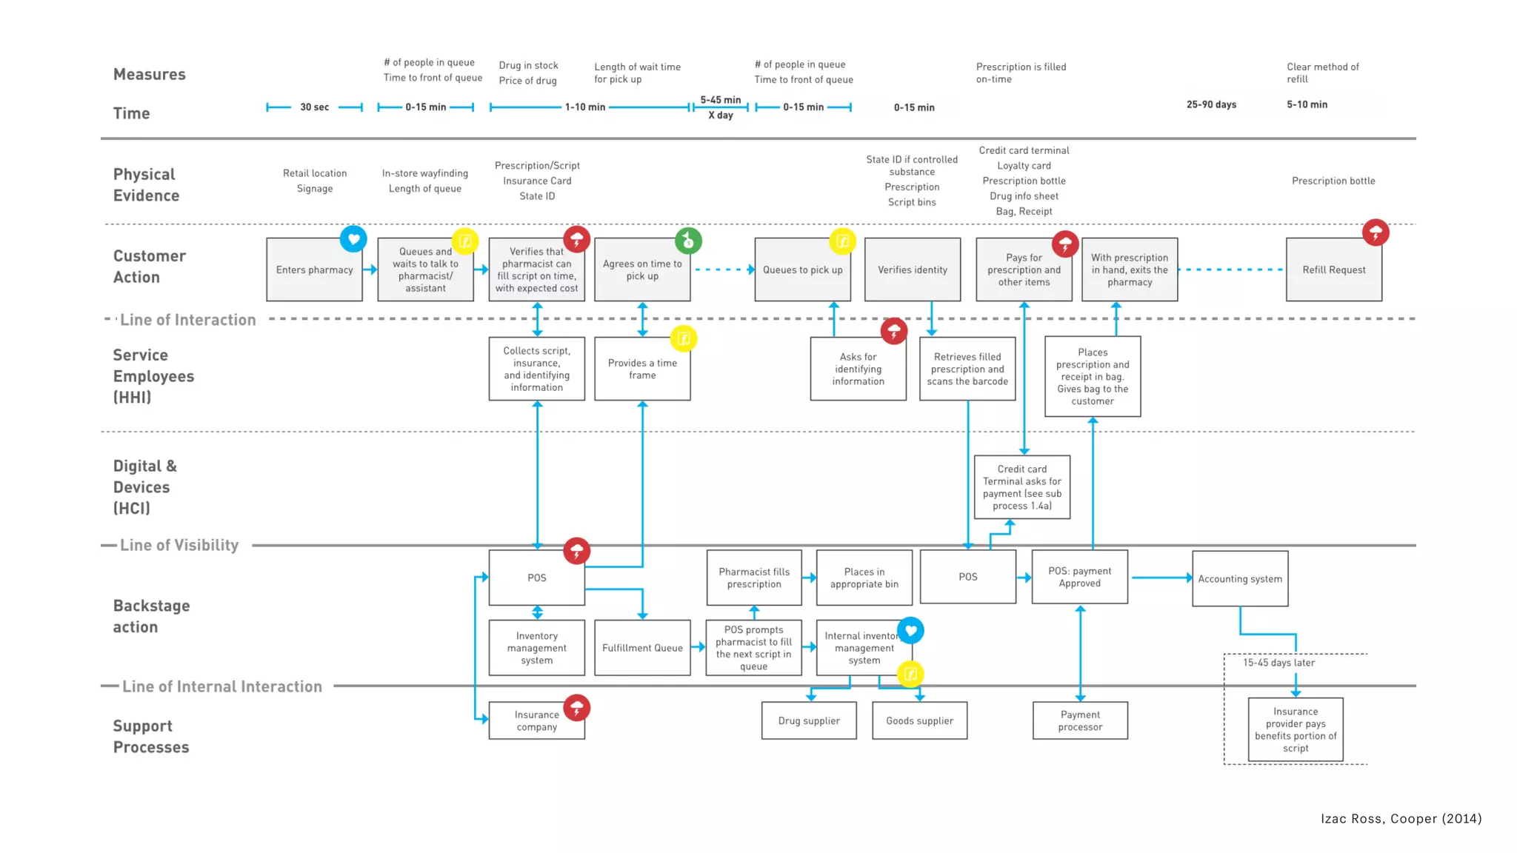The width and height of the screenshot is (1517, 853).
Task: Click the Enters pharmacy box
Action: pos(314,270)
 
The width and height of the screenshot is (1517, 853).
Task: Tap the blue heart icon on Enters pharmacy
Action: pos(353,239)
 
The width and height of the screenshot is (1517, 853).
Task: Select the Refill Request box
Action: pos(1333,270)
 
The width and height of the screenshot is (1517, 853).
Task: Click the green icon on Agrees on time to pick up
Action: pos(688,241)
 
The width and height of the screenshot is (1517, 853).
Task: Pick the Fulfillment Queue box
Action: pos(642,648)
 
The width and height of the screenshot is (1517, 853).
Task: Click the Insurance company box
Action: pos(536,720)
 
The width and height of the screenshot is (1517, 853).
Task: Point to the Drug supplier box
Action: pos(809,720)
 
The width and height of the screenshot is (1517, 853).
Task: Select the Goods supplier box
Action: pos(919,720)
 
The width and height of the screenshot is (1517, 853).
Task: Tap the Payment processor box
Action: pos(1080,720)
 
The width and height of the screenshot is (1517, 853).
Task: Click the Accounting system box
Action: pos(1240,579)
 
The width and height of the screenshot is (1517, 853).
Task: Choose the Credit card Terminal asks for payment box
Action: pos(1021,487)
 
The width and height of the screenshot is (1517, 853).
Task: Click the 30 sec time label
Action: pos(314,107)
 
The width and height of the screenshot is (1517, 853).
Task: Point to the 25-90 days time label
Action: pos(1211,104)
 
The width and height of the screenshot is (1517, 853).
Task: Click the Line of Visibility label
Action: pos(179,546)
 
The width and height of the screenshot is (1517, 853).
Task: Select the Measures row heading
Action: pos(150,75)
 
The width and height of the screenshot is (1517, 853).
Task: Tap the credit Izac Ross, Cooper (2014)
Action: pos(1401,818)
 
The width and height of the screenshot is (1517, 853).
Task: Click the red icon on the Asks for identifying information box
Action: pos(894,331)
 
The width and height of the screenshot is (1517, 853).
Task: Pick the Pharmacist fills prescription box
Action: pos(754,578)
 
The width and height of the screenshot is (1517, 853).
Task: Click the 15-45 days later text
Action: pos(1278,663)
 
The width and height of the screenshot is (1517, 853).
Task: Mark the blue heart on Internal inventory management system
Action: pos(910,631)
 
